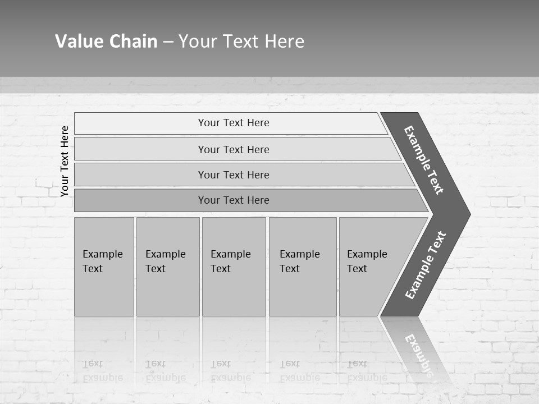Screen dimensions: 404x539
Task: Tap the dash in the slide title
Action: point(168,42)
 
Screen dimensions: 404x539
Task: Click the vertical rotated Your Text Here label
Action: point(65,161)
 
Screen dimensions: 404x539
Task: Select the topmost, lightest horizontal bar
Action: point(233,123)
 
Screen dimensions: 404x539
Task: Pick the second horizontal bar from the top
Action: point(233,149)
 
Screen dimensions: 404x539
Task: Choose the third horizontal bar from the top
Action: point(233,175)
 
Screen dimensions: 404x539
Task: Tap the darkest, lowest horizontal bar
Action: point(233,200)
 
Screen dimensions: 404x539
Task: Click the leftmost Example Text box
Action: point(104,267)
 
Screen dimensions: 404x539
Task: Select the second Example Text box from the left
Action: point(167,267)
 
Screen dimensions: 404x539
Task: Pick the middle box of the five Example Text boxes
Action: point(234,267)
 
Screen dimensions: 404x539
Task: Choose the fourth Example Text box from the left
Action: point(302,267)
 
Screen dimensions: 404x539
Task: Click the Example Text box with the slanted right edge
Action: point(371,267)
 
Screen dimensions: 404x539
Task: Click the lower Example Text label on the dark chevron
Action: point(425,265)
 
